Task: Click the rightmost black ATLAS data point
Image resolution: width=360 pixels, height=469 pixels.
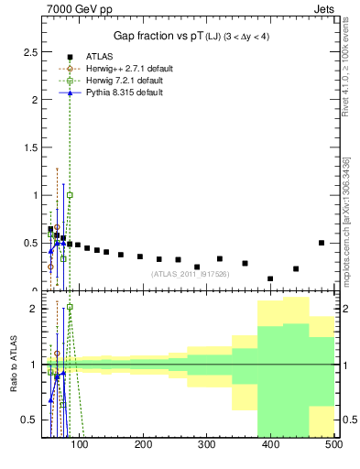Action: [322, 243]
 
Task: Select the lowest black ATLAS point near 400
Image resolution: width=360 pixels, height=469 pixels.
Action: [270, 278]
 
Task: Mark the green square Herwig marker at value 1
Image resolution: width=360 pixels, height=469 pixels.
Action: [70, 195]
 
